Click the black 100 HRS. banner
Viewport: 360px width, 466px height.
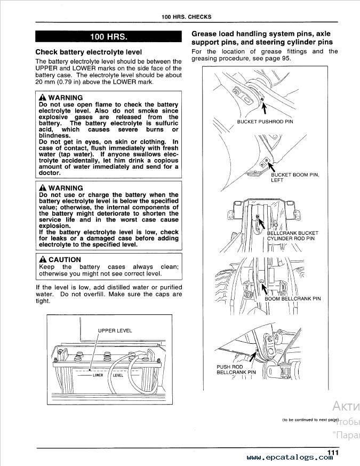109,37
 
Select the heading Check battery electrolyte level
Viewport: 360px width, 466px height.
89,52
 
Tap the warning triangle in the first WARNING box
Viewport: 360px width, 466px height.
43,98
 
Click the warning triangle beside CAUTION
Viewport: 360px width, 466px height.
43,260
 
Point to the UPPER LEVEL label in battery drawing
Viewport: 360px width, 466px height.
115,331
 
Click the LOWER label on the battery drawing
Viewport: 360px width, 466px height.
98,375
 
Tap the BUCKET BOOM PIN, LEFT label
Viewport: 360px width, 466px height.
295,178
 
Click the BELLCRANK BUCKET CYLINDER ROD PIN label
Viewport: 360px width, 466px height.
292,236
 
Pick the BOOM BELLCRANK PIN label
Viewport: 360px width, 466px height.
293,299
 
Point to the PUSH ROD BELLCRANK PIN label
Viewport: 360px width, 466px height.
236,369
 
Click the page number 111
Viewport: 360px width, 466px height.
333,453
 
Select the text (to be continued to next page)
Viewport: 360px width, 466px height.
310,420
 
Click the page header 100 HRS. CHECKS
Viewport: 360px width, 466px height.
186,17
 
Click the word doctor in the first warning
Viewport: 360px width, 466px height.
50,173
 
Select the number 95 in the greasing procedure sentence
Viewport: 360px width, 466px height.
286,58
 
